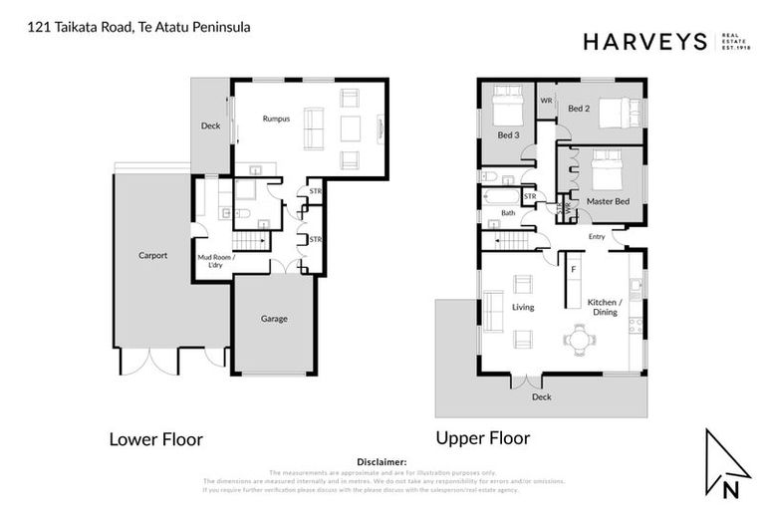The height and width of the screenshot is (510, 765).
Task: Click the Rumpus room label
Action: (276, 119)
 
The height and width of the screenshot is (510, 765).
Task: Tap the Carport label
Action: (152, 255)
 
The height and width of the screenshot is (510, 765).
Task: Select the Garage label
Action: (274, 319)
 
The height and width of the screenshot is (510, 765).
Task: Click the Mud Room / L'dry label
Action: (216, 262)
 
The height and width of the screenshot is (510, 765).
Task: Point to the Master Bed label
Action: (608, 201)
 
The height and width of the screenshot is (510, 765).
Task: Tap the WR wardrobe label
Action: (546, 101)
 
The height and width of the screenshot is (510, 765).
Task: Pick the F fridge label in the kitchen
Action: (574, 269)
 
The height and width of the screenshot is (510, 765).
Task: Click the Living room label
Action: (523, 307)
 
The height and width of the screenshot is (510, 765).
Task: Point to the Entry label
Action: (597, 237)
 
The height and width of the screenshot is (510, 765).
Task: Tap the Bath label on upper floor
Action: (508, 212)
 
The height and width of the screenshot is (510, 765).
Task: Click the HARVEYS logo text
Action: (644, 41)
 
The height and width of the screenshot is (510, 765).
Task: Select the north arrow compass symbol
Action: (726, 464)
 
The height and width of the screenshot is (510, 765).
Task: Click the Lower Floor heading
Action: (155, 438)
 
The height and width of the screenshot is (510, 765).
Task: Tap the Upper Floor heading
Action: (482, 437)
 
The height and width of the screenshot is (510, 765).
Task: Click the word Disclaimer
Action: (382, 462)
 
